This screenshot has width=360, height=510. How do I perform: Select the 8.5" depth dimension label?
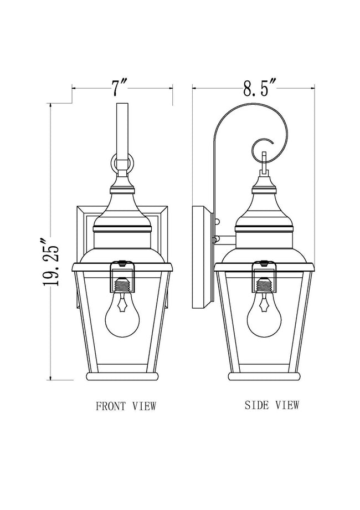pos(259,88)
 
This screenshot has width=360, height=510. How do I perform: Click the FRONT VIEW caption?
pos(126,406)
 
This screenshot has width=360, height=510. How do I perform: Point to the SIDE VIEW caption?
pos(271,405)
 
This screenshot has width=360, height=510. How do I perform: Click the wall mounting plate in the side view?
pos(202,257)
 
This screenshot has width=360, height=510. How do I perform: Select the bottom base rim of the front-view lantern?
pos(122,376)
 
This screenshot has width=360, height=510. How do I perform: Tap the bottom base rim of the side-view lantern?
pos(264,376)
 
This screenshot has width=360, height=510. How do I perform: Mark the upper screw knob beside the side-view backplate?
pos(217,222)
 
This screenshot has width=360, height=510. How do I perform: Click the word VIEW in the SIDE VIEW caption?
pos(287,405)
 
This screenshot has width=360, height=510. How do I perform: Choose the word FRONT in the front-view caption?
pos(110,406)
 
